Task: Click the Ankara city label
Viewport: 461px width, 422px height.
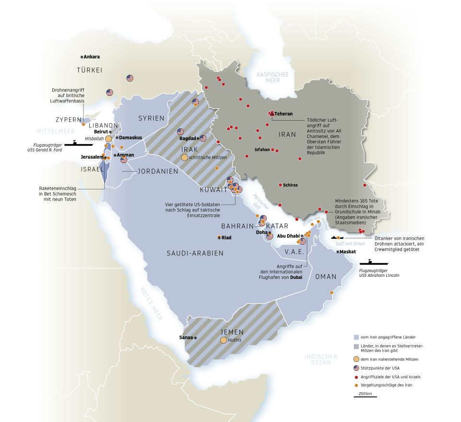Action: pyautogui.click(x=92, y=56)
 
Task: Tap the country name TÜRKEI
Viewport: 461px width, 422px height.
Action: pyautogui.click(x=90, y=70)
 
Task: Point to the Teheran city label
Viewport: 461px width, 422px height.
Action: pyautogui.click(x=283, y=114)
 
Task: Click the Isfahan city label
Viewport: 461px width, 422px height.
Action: pyautogui.click(x=262, y=149)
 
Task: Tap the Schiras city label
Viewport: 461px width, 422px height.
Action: pyautogui.click(x=290, y=185)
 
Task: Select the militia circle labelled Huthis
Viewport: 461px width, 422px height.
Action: pyautogui.click(x=223, y=340)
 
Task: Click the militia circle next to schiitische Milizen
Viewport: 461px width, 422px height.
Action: pyautogui.click(x=184, y=157)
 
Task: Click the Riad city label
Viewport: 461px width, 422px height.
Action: pyautogui.click(x=226, y=237)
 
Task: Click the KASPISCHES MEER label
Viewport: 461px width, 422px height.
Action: pyautogui.click(x=272, y=77)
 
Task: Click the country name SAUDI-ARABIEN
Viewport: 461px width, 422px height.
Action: pyautogui.click(x=195, y=253)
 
